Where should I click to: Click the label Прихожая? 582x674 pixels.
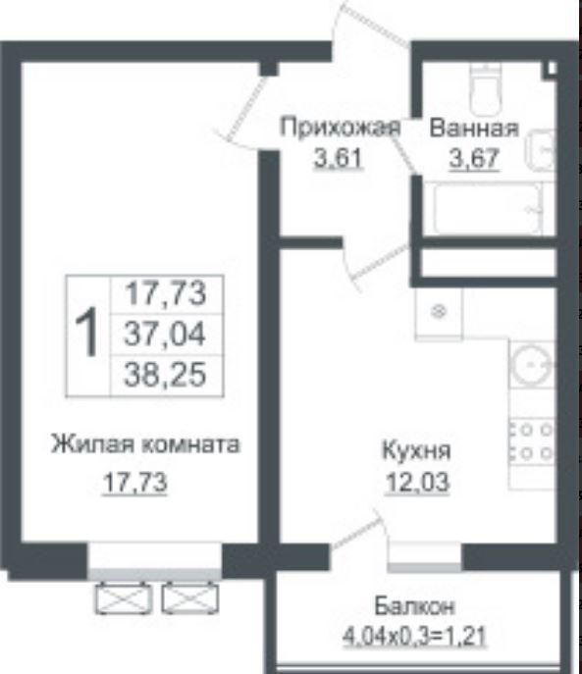click(340, 129)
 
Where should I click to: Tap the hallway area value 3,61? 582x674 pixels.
click(338, 159)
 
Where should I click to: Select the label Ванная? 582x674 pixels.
click(474, 129)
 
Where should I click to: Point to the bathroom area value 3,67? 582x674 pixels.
click(474, 159)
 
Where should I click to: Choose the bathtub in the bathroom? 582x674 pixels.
click(488, 208)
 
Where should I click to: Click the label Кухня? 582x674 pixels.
click(416, 451)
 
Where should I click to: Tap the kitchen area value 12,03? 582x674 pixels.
click(417, 483)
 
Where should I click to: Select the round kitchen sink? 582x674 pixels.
click(531, 365)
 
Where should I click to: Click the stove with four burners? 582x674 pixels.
click(531, 441)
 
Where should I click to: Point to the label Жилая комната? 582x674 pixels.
click(145, 444)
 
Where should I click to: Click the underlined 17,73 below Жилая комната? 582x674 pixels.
click(134, 483)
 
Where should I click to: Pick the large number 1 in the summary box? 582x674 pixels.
click(88, 332)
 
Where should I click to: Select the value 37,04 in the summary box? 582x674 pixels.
click(165, 335)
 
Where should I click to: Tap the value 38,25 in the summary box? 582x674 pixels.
click(165, 375)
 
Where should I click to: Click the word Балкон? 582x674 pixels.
click(414, 606)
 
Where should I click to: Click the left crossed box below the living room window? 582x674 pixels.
click(124, 597)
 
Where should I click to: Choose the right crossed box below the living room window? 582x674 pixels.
click(190, 597)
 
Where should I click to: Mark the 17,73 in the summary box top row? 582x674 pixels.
click(165, 293)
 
